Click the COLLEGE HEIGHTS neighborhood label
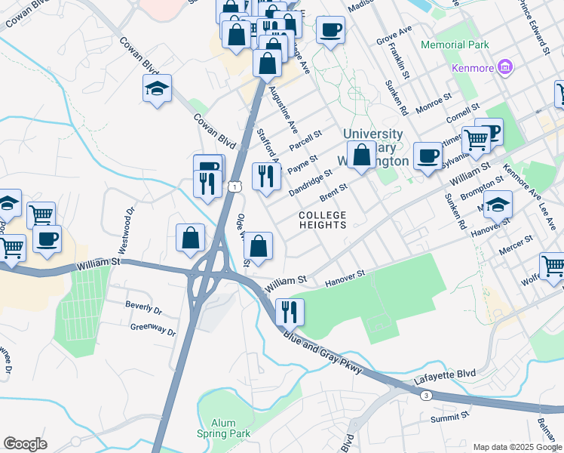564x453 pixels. (322, 220)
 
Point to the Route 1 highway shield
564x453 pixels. (236, 186)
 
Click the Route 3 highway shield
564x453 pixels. (427, 395)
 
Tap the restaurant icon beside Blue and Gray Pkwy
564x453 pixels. (290, 310)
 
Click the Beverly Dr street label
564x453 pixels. (144, 309)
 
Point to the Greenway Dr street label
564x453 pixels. (153, 329)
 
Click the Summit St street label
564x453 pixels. (449, 416)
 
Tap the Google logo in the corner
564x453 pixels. (25, 444)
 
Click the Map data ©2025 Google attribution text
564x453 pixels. (517, 447)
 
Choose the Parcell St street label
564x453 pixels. (305, 140)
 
